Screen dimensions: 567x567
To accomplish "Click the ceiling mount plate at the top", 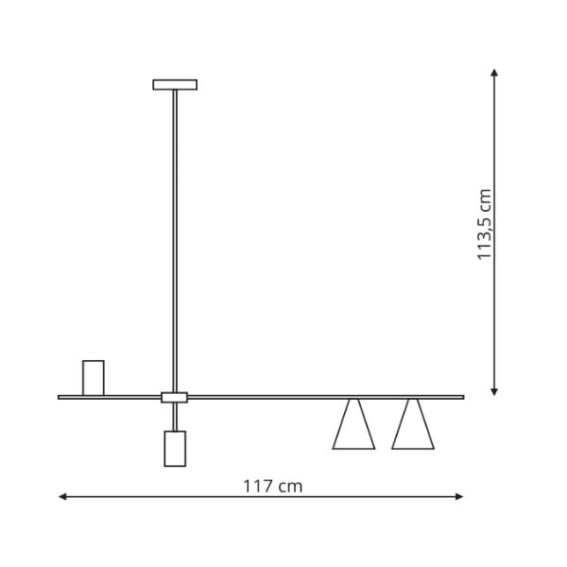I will point(175,84).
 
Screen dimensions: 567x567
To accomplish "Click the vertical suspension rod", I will point(175,236).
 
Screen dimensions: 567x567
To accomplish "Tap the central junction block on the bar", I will point(175,397).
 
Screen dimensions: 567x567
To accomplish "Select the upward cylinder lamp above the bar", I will point(93,377).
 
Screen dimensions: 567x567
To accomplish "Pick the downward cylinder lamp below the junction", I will point(175,448).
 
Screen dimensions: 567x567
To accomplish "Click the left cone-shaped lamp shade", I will point(353,426).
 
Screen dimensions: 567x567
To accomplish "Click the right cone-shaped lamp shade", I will point(413,426).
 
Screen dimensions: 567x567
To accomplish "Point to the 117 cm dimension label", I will point(273,486).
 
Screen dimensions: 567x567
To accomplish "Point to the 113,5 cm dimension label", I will point(485,224).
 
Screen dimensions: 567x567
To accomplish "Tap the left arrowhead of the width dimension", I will point(62,496).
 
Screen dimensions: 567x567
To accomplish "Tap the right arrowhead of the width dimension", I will point(459,496).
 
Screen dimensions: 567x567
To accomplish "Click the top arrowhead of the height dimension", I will point(494,72).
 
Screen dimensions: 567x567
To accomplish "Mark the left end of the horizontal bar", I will point(60,397).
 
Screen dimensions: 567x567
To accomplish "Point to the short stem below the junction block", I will point(175,417).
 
